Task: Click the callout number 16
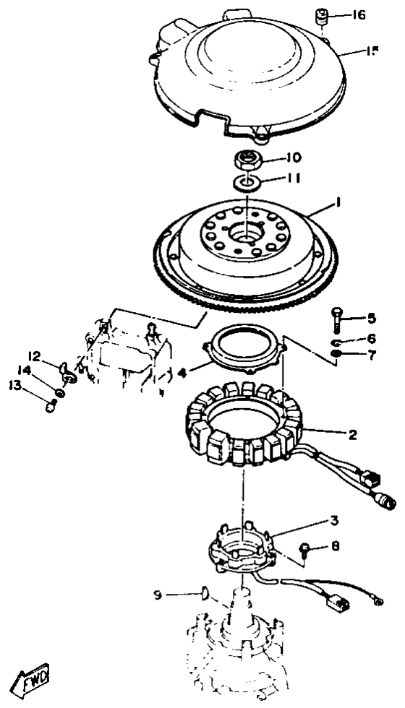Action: (x=359, y=15)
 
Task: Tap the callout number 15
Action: (x=372, y=51)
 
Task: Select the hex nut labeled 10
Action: (x=246, y=160)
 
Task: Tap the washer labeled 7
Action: (x=336, y=353)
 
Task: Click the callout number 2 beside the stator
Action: (x=352, y=435)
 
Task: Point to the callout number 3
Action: (x=334, y=521)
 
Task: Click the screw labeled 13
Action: (x=51, y=407)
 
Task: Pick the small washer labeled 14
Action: (x=59, y=392)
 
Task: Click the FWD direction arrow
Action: (x=30, y=678)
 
